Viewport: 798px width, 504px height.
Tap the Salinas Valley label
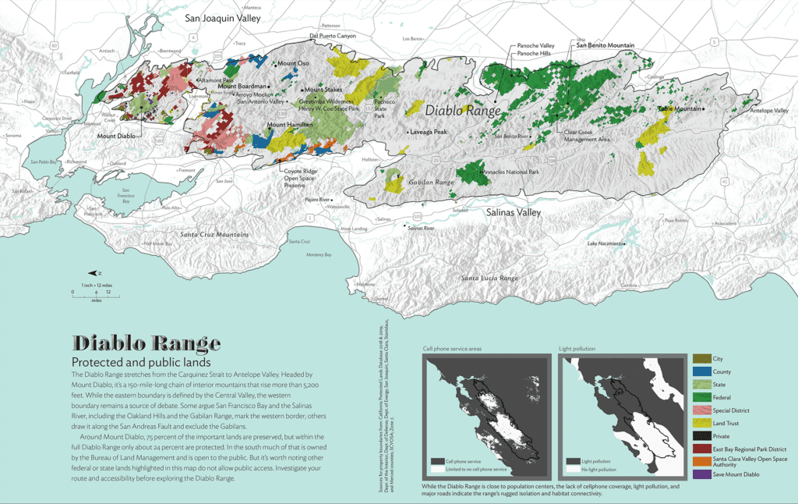[513, 211]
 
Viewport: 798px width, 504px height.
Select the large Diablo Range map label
[462, 112]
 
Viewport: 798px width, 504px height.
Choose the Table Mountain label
[680, 108]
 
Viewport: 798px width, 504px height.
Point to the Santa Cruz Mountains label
[214, 235]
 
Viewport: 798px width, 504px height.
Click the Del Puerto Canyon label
[333, 36]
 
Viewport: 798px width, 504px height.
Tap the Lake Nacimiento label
[606, 244]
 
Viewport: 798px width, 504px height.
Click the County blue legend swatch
[700, 372]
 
